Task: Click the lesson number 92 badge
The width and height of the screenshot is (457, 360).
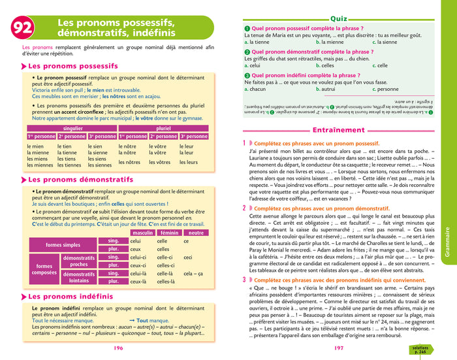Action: [x=27, y=27]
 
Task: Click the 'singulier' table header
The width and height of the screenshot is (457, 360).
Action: [x=72, y=129]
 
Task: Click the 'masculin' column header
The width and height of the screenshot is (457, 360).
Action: [x=142, y=233]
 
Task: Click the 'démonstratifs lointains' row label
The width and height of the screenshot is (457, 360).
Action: [x=78, y=277]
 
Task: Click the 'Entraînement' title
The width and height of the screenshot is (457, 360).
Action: [x=338, y=131]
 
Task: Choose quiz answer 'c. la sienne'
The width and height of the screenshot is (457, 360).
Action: [x=385, y=42]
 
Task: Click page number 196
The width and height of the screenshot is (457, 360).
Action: [x=119, y=348]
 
